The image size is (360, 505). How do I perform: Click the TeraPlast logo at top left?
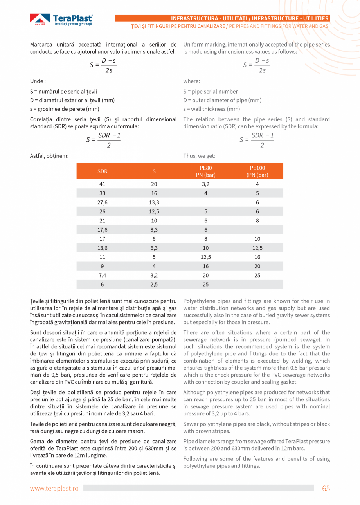click(61, 20)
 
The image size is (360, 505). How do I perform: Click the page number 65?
click(326, 488)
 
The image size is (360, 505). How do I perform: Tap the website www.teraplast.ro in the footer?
click(54, 488)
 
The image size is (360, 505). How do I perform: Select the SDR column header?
click(103, 171)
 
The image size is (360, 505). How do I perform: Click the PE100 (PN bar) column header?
click(257, 171)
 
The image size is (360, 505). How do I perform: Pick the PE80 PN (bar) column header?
click(206, 171)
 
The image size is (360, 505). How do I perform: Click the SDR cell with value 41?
click(103, 184)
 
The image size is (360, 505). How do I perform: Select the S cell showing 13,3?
click(154, 202)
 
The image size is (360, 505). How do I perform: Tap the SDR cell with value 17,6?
click(103, 230)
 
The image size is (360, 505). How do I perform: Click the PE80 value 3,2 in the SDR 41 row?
click(206, 184)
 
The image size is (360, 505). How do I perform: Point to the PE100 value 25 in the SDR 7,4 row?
click(257, 276)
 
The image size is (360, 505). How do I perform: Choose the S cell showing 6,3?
click(154, 248)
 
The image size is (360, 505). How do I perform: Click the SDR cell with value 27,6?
click(103, 202)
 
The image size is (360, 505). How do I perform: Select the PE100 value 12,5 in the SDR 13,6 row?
click(257, 248)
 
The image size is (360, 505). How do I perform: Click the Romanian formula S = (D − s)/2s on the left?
click(103, 65)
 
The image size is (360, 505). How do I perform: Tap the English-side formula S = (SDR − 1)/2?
click(256, 140)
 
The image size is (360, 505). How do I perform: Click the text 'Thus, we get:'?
click(199, 156)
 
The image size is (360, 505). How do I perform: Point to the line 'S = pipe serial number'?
click(211, 92)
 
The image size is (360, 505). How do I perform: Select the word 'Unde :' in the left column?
click(38, 81)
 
